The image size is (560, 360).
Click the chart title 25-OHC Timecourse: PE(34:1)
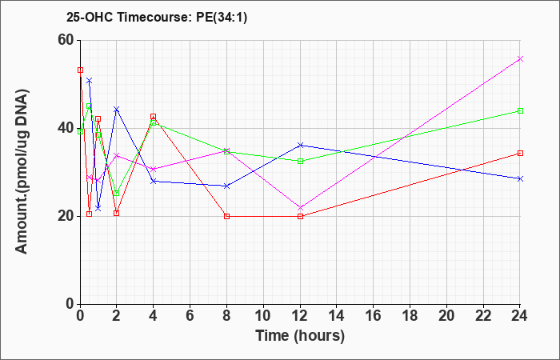click(157, 17)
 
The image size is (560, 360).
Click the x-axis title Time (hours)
click(300, 336)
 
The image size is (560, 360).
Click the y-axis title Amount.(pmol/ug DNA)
click(22, 171)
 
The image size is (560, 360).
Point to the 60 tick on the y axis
click(66, 40)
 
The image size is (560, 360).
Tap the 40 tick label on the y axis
click(66, 128)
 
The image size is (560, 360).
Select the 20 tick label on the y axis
click(66, 216)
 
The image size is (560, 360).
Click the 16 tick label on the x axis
click(374, 316)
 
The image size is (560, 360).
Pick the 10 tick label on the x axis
click(263, 316)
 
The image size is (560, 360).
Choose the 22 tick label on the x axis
click(483, 316)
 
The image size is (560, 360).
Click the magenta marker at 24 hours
click(520, 59)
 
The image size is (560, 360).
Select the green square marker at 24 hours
click(520, 110)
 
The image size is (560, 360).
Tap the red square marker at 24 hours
click(520, 154)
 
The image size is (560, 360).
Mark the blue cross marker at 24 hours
click(520, 178)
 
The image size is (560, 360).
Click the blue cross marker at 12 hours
click(300, 145)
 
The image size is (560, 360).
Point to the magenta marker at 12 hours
click(300, 208)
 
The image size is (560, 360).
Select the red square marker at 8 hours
click(226, 216)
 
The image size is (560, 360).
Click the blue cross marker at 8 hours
click(226, 186)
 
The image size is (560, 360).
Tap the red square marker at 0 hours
click(80, 70)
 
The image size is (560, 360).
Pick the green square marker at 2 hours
click(117, 194)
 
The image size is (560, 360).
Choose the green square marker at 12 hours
click(300, 161)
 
